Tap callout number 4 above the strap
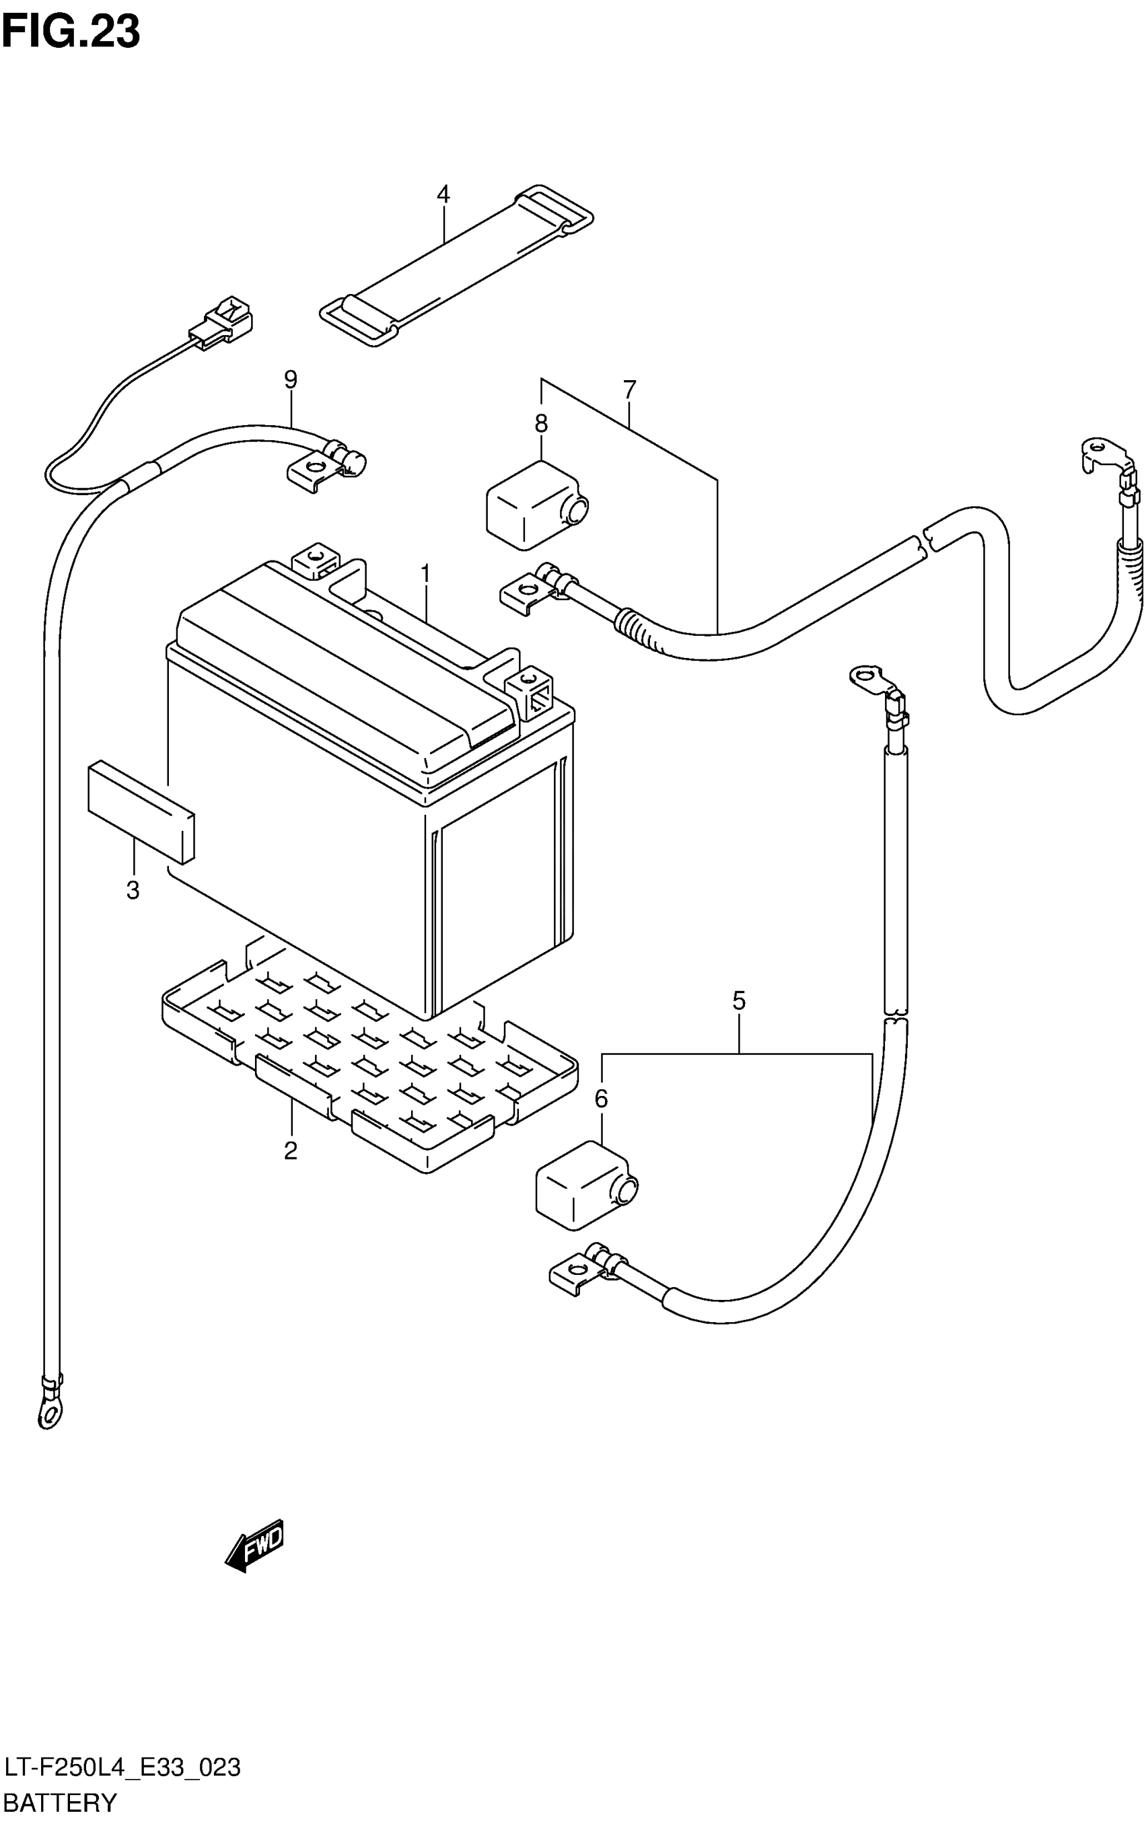pyautogui.click(x=443, y=195)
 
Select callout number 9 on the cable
pyautogui.click(x=291, y=379)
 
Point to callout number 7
pyautogui.click(x=629, y=390)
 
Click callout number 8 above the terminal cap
pyautogui.click(x=541, y=425)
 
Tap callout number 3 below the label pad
pyautogui.click(x=133, y=890)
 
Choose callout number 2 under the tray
pyautogui.click(x=291, y=1151)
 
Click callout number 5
pyautogui.click(x=739, y=1001)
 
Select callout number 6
pyautogui.click(x=602, y=1099)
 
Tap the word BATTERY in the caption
pyautogui.click(x=61, y=1803)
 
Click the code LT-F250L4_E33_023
pyautogui.click(x=122, y=1768)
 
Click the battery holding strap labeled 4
pyautogui.click(x=456, y=265)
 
